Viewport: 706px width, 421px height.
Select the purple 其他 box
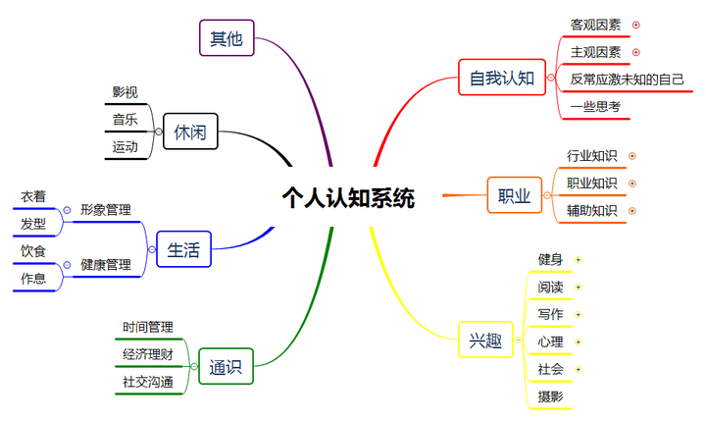pos(226,39)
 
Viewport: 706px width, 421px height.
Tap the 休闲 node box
pos(190,132)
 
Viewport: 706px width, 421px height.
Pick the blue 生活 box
pos(183,250)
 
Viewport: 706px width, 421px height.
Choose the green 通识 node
pos(226,368)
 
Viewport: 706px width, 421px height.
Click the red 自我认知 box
pos(501,78)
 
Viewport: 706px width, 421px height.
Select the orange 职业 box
pos(514,196)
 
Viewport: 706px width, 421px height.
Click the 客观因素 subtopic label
pos(595,25)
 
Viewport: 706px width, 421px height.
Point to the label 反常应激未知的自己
pos(627,79)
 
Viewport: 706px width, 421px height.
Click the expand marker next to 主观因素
pos(636,52)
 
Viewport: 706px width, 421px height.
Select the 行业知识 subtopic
pos(591,155)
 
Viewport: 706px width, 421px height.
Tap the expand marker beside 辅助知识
pos(632,210)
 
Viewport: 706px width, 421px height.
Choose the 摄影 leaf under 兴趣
pos(550,396)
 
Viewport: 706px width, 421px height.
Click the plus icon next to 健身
pos(579,260)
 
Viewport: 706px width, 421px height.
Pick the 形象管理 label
pos(106,209)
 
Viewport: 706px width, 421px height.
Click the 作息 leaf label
pos(33,279)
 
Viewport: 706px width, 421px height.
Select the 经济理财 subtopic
pos(148,354)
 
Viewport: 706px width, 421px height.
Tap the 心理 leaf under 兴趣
pos(550,342)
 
